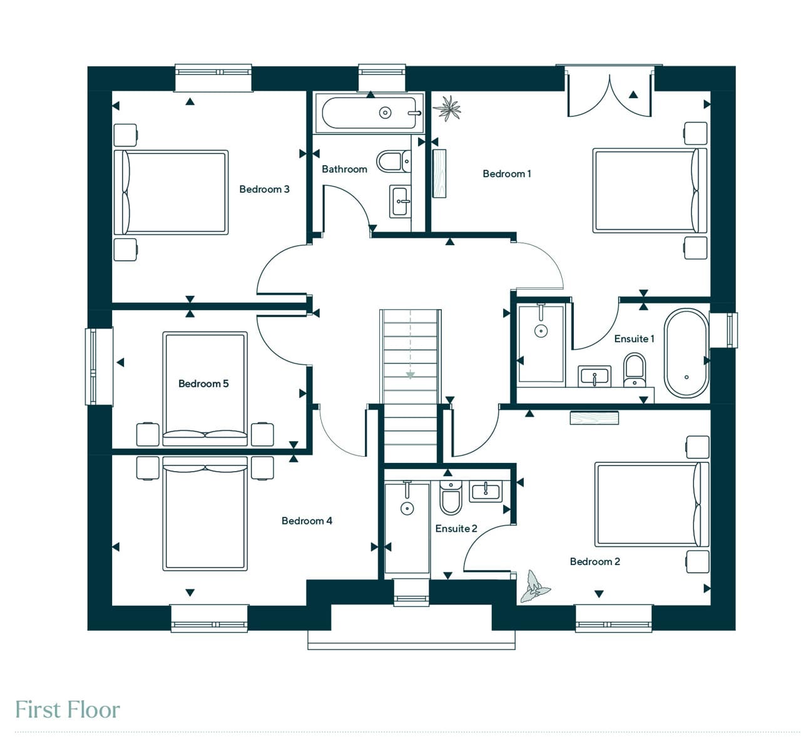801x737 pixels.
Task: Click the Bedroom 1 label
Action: [x=507, y=174]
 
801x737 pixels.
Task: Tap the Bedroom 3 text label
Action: [x=264, y=189]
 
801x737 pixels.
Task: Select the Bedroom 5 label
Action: [x=203, y=384]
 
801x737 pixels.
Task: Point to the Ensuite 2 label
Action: [x=456, y=529]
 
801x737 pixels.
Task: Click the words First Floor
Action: [x=68, y=709]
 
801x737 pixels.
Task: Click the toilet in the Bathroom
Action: [x=394, y=161]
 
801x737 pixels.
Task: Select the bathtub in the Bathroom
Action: [x=369, y=113]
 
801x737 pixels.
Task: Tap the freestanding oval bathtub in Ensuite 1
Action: [x=686, y=353]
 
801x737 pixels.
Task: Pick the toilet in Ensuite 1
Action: [x=635, y=370]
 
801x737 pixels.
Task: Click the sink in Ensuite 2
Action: [x=486, y=491]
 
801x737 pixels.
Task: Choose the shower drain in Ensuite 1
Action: [x=541, y=331]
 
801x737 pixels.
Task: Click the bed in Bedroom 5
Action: [x=205, y=389]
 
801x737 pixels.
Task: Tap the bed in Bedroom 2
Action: [x=651, y=504]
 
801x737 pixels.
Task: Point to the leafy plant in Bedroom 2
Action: [x=534, y=586]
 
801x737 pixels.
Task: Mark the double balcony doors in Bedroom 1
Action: [x=610, y=94]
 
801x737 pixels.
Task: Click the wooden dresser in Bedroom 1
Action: [x=440, y=174]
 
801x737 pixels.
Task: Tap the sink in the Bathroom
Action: [x=400, y=201]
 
